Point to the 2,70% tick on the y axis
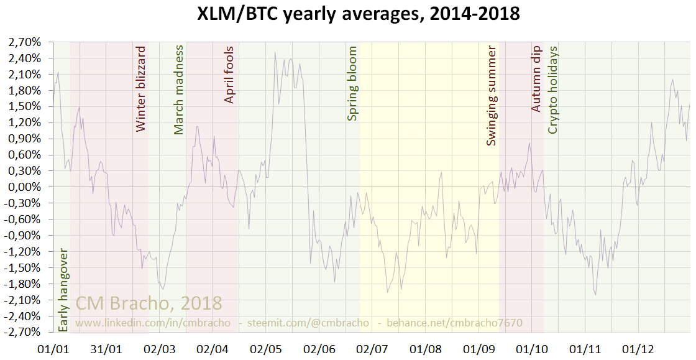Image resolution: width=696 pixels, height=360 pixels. click(24, 42)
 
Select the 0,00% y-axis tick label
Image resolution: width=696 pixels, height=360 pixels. click(24, 187)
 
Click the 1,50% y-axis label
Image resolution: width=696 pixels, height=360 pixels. click(24, 106)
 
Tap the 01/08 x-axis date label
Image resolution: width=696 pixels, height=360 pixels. click(427, 349)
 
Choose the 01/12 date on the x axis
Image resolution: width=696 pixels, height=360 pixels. click(639, 349)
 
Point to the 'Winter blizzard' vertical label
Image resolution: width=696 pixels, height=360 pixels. click(140, 89)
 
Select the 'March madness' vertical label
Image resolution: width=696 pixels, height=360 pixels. click(179, 90)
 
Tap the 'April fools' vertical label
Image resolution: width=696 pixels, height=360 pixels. click(229, 75)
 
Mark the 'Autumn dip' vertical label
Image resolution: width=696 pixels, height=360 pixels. click(537, 78)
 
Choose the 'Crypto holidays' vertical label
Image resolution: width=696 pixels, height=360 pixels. click(552, 90)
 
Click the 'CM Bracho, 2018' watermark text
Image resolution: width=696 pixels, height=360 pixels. click(149, 303)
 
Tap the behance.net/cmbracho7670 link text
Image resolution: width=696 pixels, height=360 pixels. click(454, 323)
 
